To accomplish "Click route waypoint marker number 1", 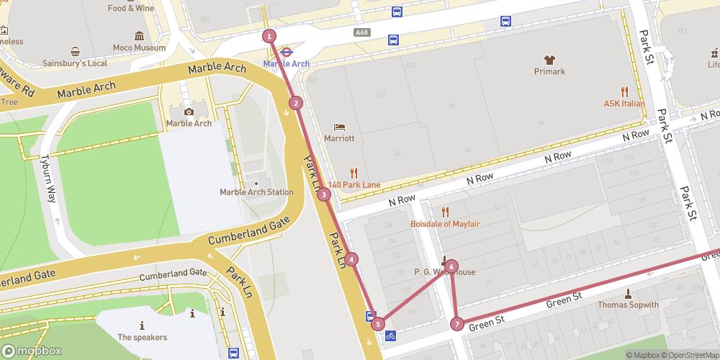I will [x=269, y=36].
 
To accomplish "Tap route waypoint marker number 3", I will [x=324, y=194].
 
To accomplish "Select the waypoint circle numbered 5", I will [x=378, y=324].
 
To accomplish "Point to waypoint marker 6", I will [x=451, y=266].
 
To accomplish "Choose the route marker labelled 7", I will [x=457, y=324].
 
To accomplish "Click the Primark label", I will [x=549, y=71].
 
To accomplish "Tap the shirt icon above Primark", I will [x=549, y=60].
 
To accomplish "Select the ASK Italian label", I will [x=624, y=104].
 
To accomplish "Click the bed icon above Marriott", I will [x=339, y=127].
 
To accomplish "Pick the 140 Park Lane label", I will [x=354, y=185].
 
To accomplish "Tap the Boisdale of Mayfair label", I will [x=445, y=223].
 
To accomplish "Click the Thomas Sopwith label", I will [x=628, y=305].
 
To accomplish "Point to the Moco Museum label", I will [x=139, y=48].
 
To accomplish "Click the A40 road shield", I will [x=362, y=32].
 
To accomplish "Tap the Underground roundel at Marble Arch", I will [x=286, y=52].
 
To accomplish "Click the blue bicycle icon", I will [x=390, y=336].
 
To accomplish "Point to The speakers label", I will [x=142, y=337].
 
